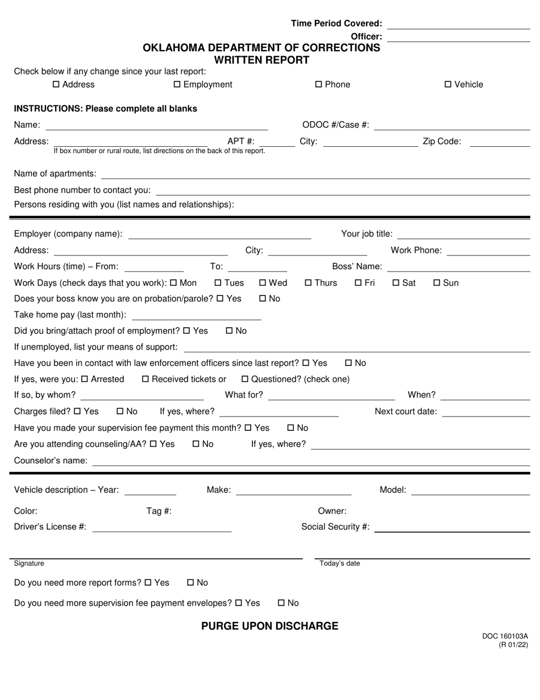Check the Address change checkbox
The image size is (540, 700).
[56, 85]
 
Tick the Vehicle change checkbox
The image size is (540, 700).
[448, 85]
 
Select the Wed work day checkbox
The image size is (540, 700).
[263, 283]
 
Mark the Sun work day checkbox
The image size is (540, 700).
[437, 283]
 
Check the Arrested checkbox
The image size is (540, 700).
[85, 379]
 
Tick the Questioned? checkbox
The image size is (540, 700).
[245, 379]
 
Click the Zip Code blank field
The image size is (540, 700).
[500, 143]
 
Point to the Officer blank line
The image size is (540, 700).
[459, 38]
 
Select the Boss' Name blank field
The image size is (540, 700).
[459, 267]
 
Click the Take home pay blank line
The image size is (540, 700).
[196, 316]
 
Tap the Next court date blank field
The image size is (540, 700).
[486, 413]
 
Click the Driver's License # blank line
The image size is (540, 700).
[162, 528]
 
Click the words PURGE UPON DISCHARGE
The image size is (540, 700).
[270, 626]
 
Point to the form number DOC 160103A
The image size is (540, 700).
[505, 636]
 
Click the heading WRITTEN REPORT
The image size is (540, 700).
[261, 60]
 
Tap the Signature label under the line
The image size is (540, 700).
[29, 563]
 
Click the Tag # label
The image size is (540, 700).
[159, 511]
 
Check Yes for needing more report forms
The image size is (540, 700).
[148, 583]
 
